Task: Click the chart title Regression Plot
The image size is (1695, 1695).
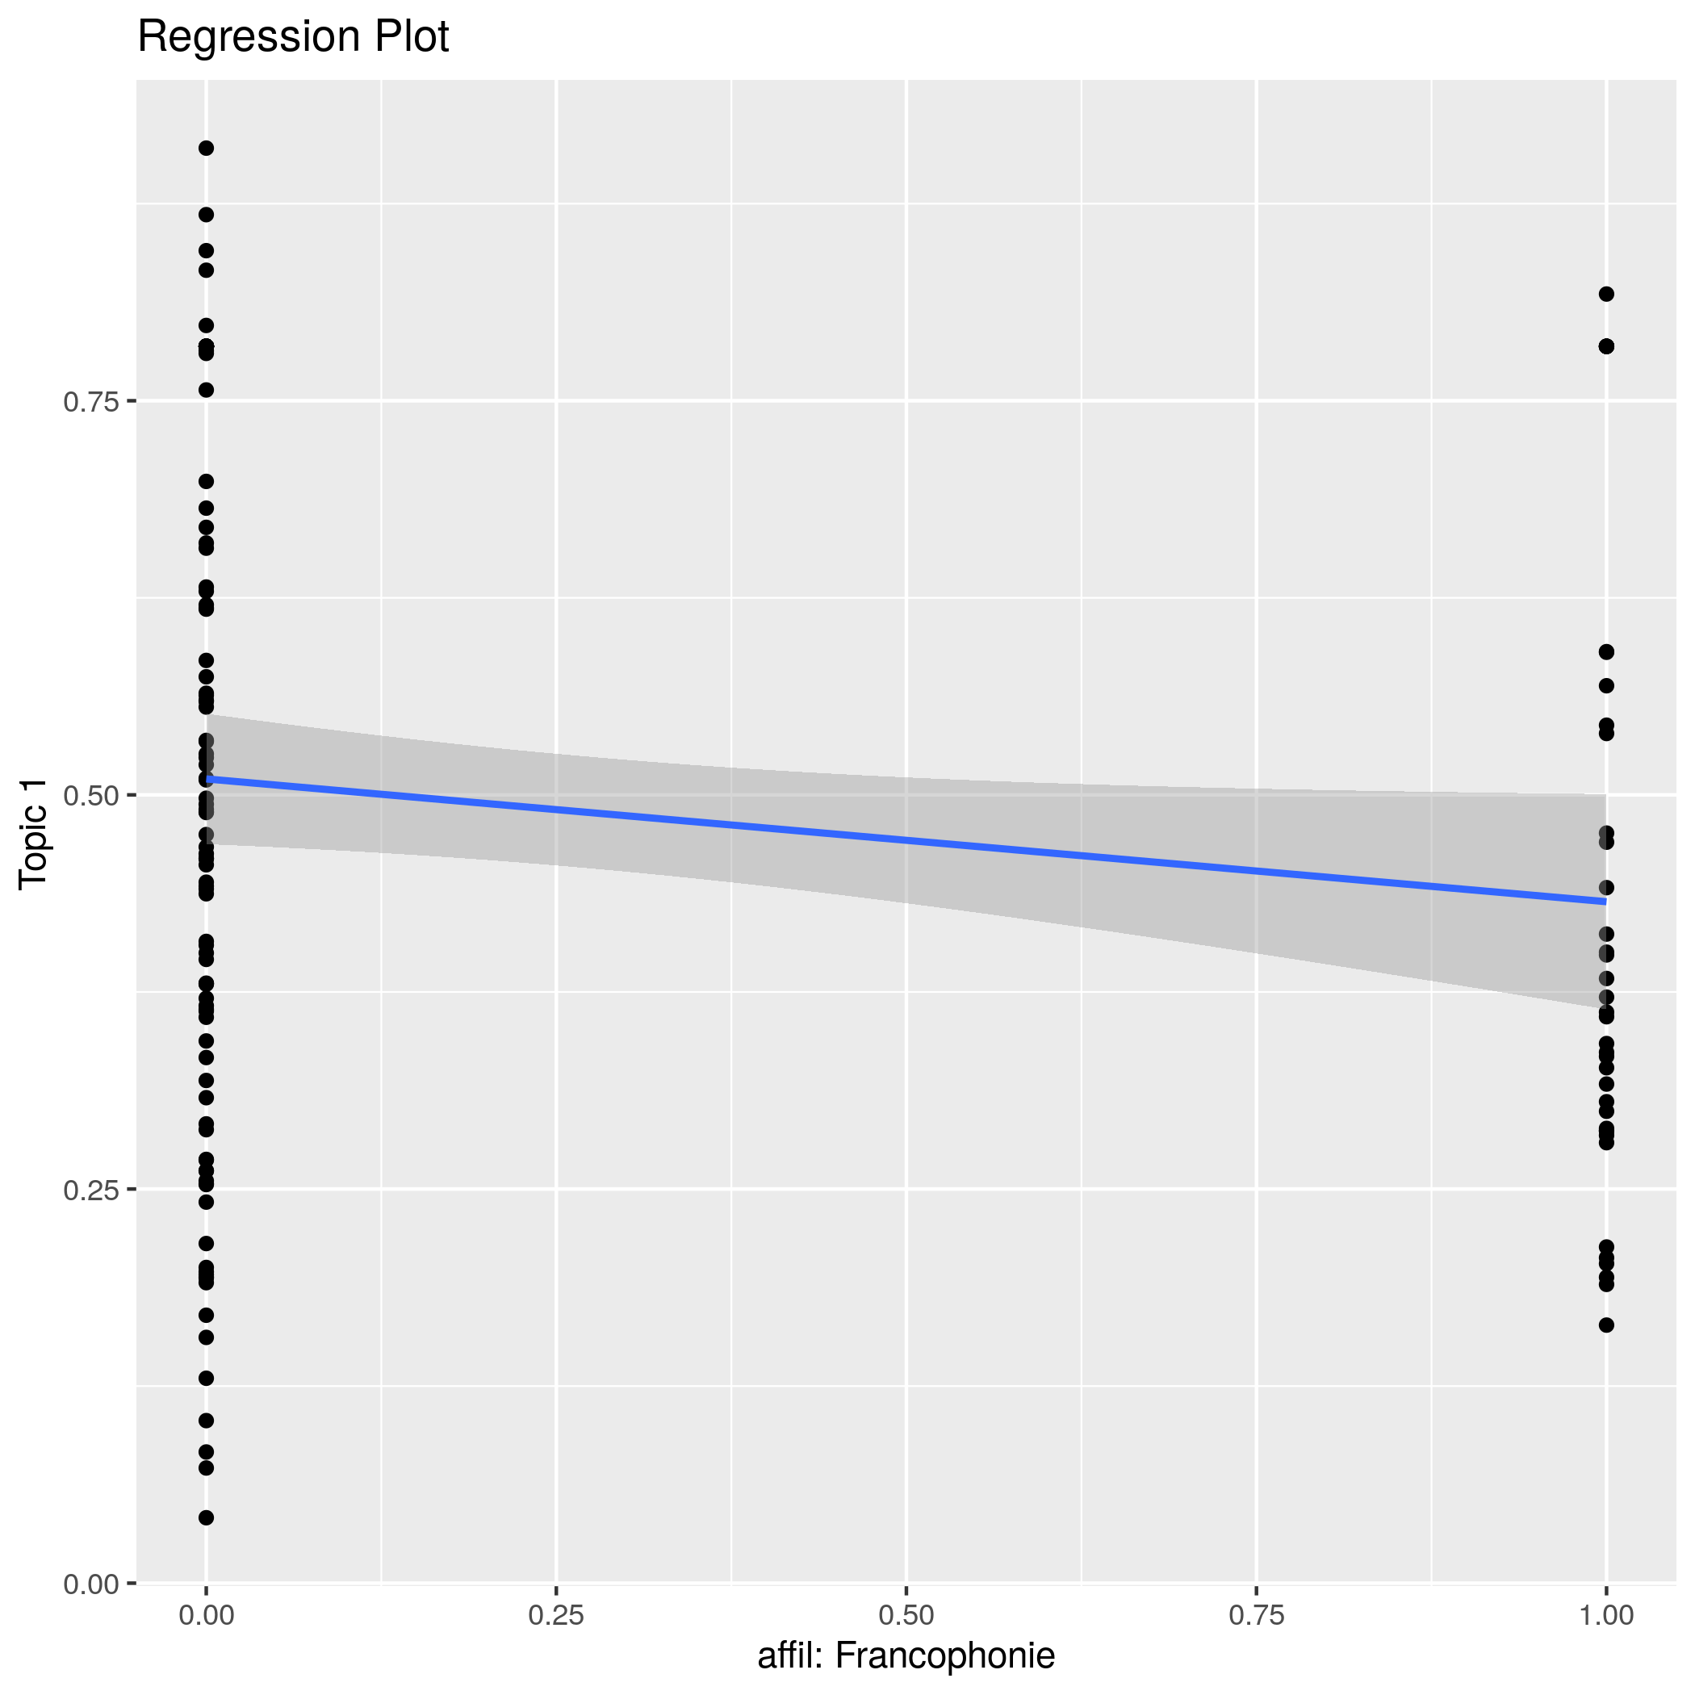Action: tap(293, 38)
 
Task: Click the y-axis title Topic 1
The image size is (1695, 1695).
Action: tap(34, 835)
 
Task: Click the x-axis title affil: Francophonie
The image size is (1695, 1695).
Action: tap(906, 1655)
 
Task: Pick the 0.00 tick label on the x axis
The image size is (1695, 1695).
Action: tap(206, 1615)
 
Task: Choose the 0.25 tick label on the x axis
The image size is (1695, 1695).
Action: tap(556, 1615)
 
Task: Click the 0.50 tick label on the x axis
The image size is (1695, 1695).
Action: tap(906, 1615)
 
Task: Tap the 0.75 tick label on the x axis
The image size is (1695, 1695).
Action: tap(1257, 1615)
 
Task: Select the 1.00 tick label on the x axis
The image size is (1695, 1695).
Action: tap(1606, 1615)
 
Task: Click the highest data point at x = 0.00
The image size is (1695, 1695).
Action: tap(206, 149)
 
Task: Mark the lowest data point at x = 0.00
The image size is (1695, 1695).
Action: tap(206, 1517)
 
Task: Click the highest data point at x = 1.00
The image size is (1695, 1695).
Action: tap(1606, 294)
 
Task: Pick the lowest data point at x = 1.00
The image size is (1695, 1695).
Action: tap(1606, 1325)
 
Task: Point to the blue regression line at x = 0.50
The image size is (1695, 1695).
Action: tap(906, 840)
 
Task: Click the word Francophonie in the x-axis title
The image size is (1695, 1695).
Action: tap(945, 1655)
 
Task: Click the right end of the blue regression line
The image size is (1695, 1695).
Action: tap(1605, 901)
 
